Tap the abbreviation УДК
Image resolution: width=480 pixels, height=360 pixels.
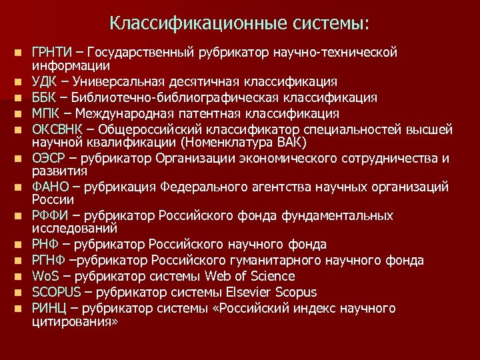point(45,82)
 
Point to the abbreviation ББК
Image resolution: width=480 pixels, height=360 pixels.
point(44,97)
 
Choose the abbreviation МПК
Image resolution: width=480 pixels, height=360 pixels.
point(45,113)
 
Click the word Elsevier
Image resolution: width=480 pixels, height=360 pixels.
point(247,292)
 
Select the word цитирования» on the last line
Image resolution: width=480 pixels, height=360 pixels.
point(75,321)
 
